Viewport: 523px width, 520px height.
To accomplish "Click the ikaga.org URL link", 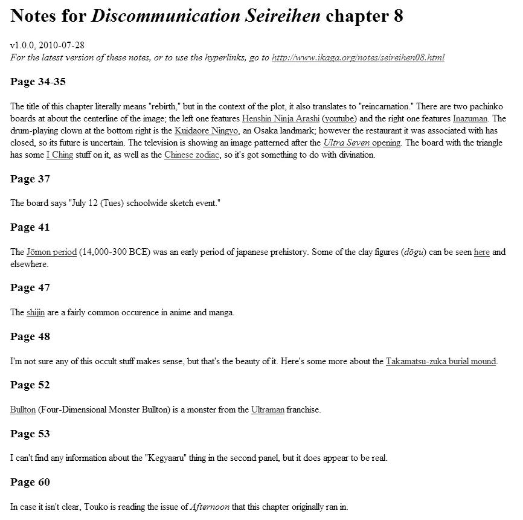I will coord(358,58).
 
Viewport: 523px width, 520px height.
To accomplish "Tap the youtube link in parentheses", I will coord(338,118).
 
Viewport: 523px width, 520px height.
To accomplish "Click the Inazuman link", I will coord(470,118).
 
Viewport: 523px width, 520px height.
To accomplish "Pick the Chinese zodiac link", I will coord(189,155).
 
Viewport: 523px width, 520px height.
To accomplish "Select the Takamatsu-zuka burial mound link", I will coord(441,361).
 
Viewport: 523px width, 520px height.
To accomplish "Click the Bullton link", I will coord(23,409).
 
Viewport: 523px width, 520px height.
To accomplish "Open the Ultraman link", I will coord(268,409).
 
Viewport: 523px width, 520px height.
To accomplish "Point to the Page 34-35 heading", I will coord(38,82).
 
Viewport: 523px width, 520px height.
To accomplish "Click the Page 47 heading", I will coord(30,287).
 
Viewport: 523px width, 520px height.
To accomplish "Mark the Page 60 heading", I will coord(30,482).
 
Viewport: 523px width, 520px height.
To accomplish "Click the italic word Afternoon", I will coord(210,507).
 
